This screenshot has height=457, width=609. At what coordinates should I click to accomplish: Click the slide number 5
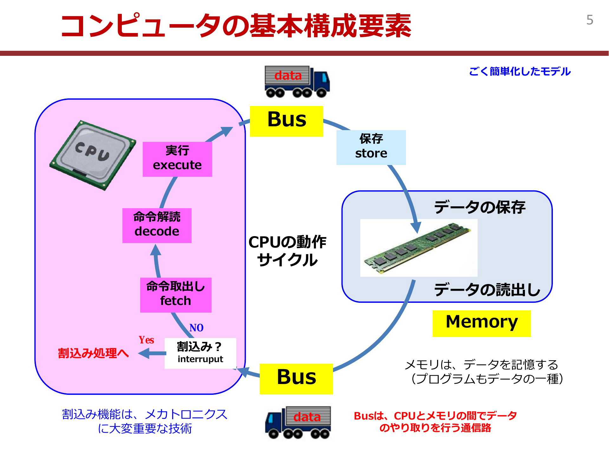tap(590, 20)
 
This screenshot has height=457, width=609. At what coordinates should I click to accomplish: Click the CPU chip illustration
tap(93, 155)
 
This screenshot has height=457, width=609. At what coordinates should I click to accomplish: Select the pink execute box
tap(177, 159)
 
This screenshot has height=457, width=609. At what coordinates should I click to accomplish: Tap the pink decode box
tap(157, 225)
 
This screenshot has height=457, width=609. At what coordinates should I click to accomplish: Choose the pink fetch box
tap(176, 295)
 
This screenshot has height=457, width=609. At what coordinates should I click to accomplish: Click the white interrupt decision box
tap(200, 353)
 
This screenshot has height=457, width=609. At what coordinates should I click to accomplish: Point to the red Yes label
tap(146, 340)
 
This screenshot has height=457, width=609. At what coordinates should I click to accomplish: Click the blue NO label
tap(196, 328)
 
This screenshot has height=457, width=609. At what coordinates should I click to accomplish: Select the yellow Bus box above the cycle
tap(286, 121)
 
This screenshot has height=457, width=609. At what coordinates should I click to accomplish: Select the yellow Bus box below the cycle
tap(296, 379)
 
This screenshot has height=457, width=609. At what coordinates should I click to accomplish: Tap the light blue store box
tap(371, 147)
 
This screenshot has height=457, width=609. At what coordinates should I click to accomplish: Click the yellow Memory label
tap(481, 323)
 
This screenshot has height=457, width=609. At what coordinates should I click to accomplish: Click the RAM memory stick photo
tap(419, 248)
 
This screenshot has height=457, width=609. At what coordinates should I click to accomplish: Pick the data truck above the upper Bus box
tap(297, 81)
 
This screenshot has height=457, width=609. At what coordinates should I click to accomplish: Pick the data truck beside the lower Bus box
tap(298, 422)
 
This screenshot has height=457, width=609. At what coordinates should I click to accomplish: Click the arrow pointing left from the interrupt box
tap(152, 353)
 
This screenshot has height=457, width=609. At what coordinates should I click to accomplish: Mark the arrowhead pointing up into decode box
tap(155, 249)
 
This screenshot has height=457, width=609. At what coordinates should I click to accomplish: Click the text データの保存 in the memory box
tap(480, 207)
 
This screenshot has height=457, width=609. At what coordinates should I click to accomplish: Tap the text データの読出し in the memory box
tap(487, 289)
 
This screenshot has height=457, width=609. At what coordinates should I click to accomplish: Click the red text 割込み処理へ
tap(93, 353)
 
